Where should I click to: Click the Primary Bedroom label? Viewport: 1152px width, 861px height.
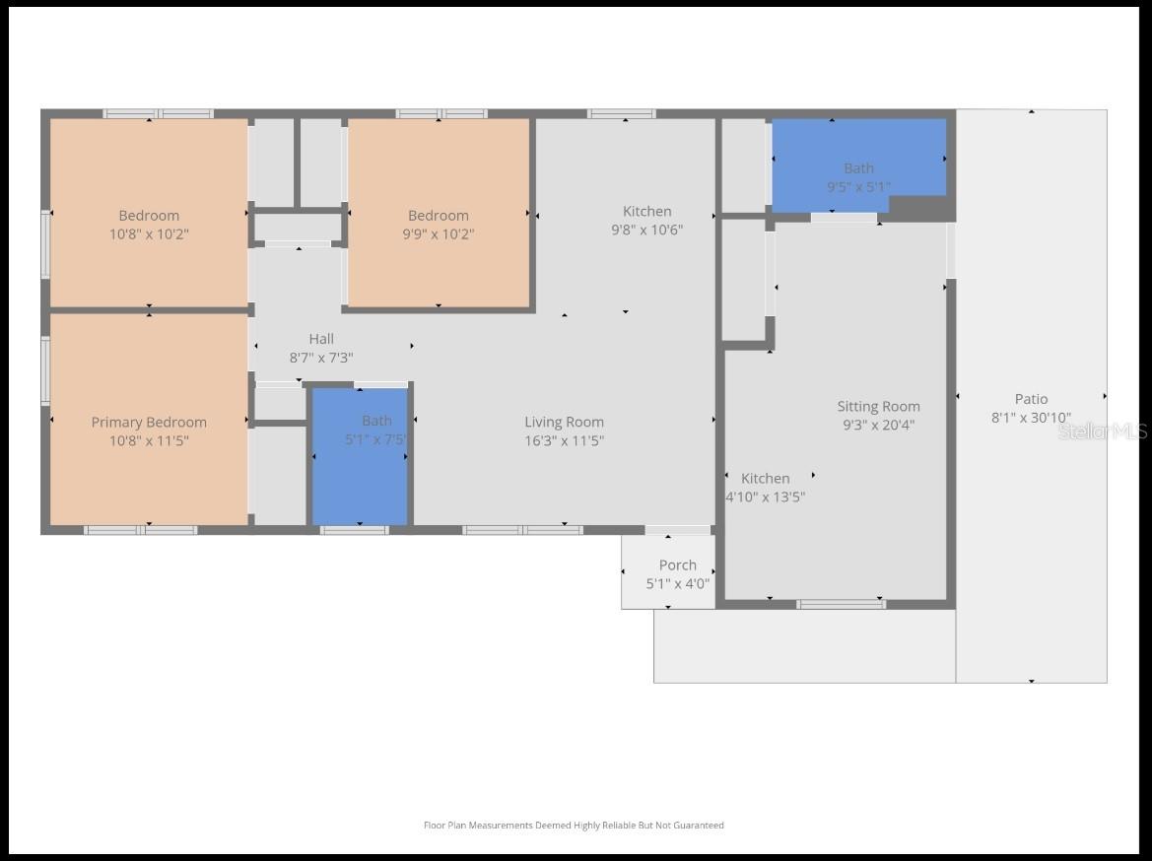pyautogui.click(x=149, y=422)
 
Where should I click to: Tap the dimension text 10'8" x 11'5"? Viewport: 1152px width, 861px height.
pyautogui.click(x=149, y=441)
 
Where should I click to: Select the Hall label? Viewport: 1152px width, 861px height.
pyautogui.click(x=321, y=339)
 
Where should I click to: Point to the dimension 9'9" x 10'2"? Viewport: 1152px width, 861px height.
pyautogui.click(x=439, y=234)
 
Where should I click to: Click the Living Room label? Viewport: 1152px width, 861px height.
pyautogui.click(x=564, y=422)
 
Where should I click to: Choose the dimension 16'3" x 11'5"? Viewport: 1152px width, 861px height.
pyautogui.click(x=564, y=441)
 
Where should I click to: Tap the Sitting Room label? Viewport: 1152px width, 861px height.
pyautogui.click(x=878, y=406)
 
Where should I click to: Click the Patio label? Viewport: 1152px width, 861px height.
pyautogui.click(x=1031, y=399)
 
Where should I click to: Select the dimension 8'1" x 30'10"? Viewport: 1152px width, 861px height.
pyautogui.click(x=1031, y=418)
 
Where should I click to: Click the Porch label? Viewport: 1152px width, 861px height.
pyautogui.click(x=677, y=564)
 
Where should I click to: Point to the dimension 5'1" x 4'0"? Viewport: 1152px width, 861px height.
pyautogui.click(x=677, y=583)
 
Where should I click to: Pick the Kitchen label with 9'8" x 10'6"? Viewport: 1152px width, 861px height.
pyautogui.click(x=646, y=211)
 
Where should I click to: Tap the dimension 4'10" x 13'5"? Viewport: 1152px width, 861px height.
pyautogui.click(x=766, y=497)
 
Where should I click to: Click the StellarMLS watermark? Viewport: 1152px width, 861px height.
pyautogui.click(x=1102, y=431)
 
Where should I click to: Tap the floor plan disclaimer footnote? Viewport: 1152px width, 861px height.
pyautogui.click(x=574, y=826)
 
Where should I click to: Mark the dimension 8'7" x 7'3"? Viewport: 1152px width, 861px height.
pyautogui.click(x=321, y=359)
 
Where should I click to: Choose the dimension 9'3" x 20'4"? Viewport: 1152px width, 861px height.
pyautogui.click(x=878, y=426)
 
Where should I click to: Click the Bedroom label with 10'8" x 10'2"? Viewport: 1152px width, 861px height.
pyautogui.click(x=149, y=216)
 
